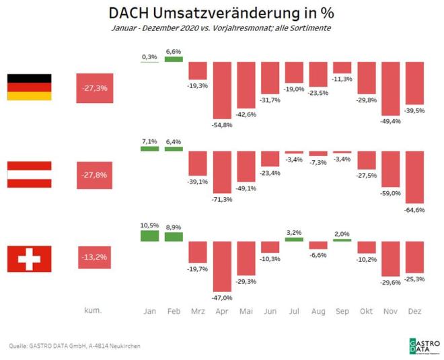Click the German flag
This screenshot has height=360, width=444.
coord(29,87)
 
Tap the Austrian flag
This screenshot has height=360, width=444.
coord(29,174)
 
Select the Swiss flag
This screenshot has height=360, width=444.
coord(29,259)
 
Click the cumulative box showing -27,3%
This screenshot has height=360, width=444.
coord(95,87)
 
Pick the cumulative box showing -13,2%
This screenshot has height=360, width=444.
coord(95,256)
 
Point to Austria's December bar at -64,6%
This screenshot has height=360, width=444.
coord(414,177)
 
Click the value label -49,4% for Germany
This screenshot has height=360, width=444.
coord(391,120)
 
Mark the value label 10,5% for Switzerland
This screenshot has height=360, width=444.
coord(149,225)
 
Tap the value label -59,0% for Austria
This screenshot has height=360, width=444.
coord(391,193)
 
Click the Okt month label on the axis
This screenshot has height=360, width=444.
coord(366,312)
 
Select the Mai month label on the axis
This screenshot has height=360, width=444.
coord(246,312)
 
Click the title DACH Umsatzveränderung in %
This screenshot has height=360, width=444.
coord(221,13)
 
